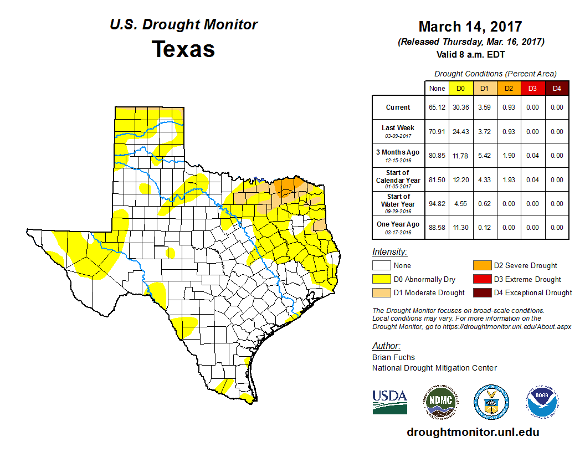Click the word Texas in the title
point(183,49)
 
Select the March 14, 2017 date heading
point(470,27)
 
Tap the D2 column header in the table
point(508,88)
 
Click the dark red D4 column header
point(557,88)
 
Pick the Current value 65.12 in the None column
point(437,107)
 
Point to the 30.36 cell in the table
point(460,107)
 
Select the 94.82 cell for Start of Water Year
point(437,203)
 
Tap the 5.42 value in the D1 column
point(484,156)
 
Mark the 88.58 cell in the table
point(437,228)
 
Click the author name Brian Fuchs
point(393,357)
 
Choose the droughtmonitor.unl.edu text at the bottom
point(473,432)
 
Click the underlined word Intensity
point(389,251)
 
